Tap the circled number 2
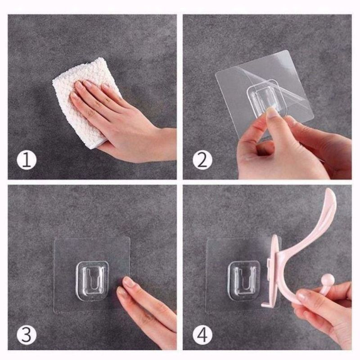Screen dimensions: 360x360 click(202, 160)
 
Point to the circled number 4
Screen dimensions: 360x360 click(202, 335)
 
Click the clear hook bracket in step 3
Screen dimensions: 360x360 click(92, 280)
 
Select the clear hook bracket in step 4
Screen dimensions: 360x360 click(244, 281)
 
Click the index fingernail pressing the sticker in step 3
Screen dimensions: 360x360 click(129, 281)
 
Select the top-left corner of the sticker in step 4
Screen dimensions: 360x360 click(208, 240)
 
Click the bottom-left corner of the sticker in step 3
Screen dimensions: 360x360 click(55, 312)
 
